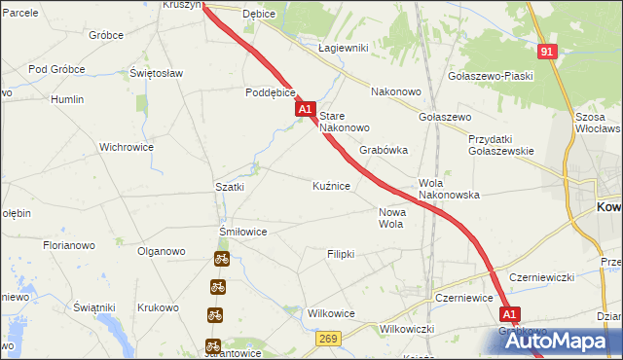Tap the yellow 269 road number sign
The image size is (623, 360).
[x=328, y=338]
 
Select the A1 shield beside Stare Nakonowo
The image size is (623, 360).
[x=305, y=111]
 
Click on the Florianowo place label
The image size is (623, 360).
[x=68, y=246]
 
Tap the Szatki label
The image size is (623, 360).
[x=229, y=186]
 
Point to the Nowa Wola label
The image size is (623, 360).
[x=391, y=217]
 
